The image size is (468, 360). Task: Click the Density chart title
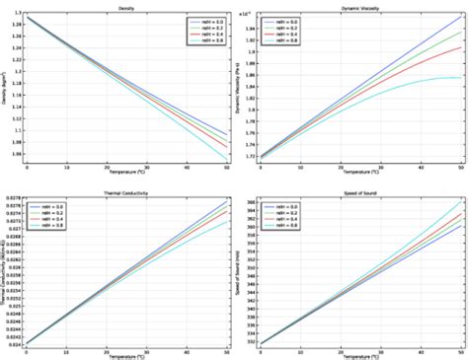point(125,6)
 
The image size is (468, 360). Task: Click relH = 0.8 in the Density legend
point(206,43)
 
